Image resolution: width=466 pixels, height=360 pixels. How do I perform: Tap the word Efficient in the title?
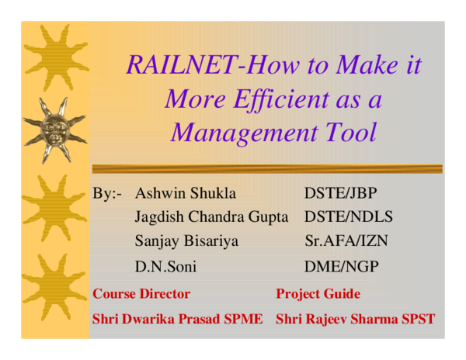[x=281, y=99]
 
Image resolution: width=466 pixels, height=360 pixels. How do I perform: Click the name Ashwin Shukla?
[x=186, y=193]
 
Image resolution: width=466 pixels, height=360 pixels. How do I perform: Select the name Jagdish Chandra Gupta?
[x=211, y=216]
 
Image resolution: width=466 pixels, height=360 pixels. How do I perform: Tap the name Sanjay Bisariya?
[x=186, y=241]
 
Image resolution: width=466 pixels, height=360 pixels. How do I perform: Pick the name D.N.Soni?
[x=165, y=266]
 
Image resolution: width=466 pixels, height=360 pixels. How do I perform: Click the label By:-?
[x=107, y=193]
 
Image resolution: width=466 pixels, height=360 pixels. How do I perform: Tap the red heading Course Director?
[x=141, y=294]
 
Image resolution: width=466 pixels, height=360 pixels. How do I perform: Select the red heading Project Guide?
[x=318, y=294]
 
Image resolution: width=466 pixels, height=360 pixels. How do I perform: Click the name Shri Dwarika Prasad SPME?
[x=177, y=318]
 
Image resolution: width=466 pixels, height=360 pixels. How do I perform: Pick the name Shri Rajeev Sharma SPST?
[x=355, y=318]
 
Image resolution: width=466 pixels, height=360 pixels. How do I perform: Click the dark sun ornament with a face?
[x=54, y=128]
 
